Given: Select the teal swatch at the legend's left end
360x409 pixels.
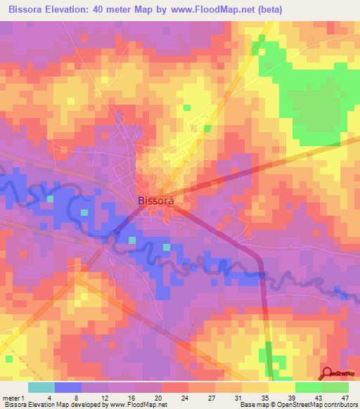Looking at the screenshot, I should [41, 387].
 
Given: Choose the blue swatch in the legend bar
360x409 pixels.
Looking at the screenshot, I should [68, 387].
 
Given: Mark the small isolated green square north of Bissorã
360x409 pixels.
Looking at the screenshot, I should [187, 108].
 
